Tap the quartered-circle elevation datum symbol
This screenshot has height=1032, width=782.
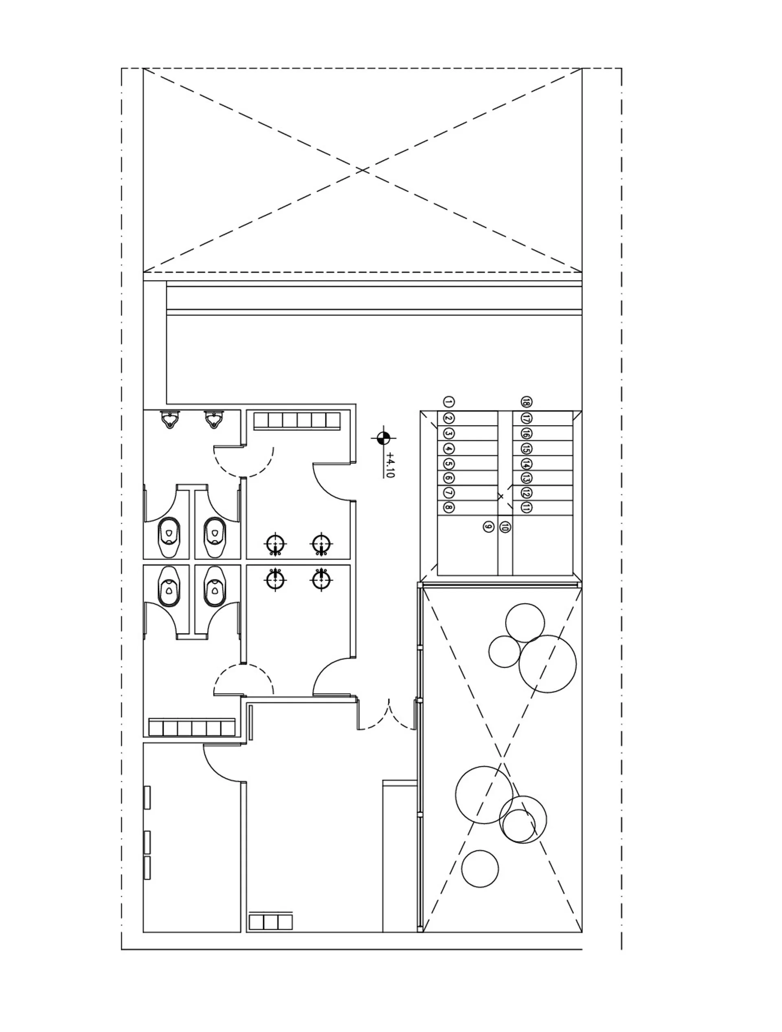tap(383, 438)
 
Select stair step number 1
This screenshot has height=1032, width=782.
tap(448, 402)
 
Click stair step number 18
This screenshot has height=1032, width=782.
tap(527, 402)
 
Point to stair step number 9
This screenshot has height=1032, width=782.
tap(488, 527)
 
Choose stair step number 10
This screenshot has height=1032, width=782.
tap(505, 527)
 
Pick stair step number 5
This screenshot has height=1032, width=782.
tap(448, 464)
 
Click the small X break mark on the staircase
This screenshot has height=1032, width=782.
tap(500, 496)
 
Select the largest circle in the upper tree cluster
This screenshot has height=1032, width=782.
tap(547, 664)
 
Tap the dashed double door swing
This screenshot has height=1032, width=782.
tap(387, 715)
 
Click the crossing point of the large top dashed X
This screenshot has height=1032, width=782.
tap(363, 170)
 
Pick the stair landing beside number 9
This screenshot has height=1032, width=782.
tap(467, 545)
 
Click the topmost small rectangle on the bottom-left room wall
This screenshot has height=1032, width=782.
tap(147, 797)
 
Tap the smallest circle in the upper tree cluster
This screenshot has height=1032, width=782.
tap(505, 652)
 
